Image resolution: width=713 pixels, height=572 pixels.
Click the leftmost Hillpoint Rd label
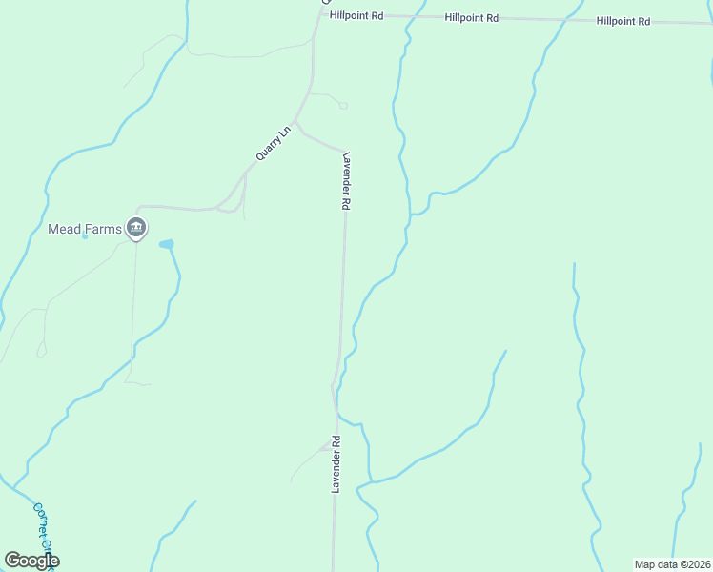point(356,16)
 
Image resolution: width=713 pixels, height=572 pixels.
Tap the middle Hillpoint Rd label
point(472,18)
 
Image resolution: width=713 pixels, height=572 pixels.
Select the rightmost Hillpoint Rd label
point(623,21)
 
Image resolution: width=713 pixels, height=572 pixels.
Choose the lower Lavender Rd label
point(336,464)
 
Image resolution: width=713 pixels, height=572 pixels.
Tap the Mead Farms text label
point(84,229)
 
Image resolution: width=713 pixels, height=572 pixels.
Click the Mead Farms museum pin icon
point(136,228)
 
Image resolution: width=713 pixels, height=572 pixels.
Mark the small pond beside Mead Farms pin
point(167,245)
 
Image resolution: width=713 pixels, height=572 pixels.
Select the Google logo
point(31,561)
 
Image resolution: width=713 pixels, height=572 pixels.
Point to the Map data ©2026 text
point(671,564)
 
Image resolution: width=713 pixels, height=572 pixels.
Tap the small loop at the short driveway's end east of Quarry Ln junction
point(343,105)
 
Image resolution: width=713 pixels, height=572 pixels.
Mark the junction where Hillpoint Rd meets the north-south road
point(318,13)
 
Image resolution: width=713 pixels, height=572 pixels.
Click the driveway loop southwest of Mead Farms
point(41,352)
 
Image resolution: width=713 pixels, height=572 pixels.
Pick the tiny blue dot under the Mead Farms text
point(85,236)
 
